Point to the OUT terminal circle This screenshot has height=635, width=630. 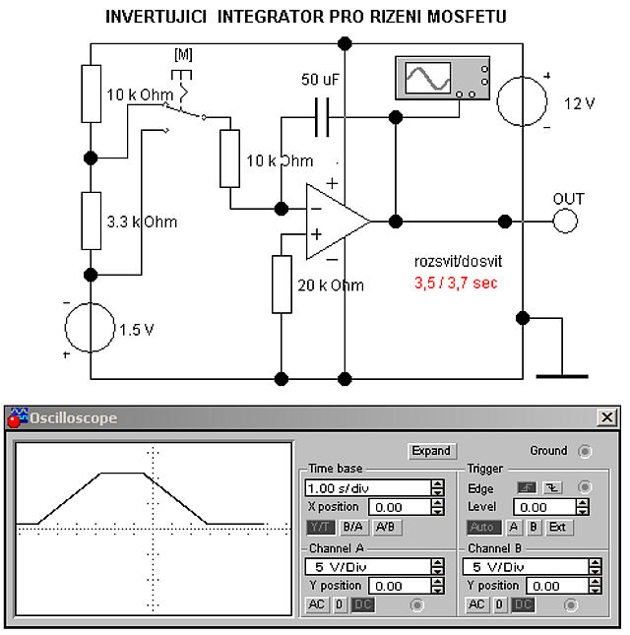pos(566,220)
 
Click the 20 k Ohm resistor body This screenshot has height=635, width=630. pos(283,284)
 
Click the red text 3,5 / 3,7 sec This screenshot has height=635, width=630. pos(456,283)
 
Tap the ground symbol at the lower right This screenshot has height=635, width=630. pos(562,373)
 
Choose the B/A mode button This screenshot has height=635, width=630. pos(352,527)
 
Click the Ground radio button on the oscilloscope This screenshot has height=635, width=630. pos(586,451)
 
